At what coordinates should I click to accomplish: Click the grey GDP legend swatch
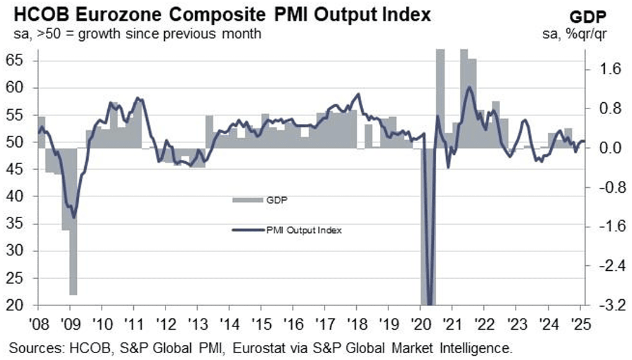point(248,200)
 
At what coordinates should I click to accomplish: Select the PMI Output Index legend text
point(304,230)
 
